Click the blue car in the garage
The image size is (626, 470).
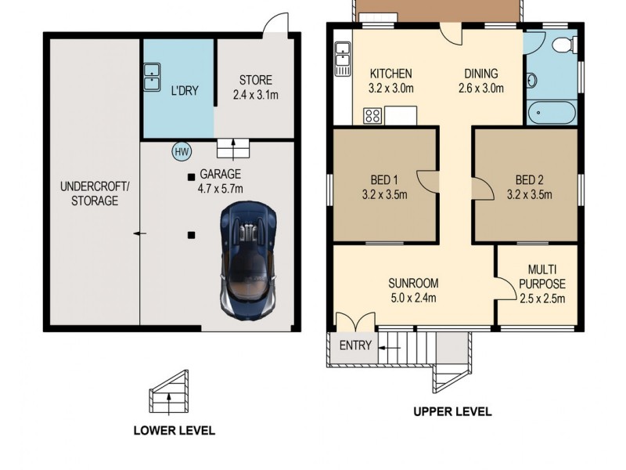[x=249, y=258]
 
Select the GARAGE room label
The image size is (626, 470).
[x=221, y=174]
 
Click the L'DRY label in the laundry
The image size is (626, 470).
[x=185, y=90]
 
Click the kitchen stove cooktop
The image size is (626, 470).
[x=372, y=117]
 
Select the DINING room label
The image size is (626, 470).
[x=478, y=74]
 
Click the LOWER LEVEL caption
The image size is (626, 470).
[x=174, y=430]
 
